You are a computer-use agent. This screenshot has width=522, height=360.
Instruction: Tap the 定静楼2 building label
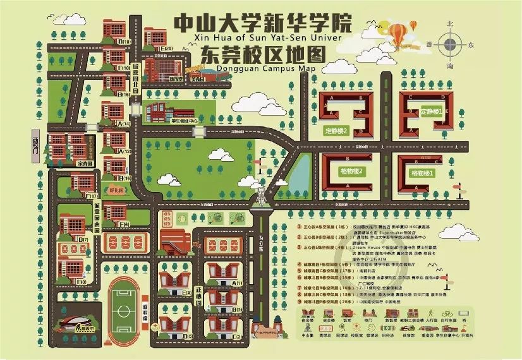[x=337, y=131]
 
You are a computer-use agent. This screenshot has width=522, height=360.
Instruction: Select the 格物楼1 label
[x=422, y=172]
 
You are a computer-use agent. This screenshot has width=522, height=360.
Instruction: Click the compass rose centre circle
[x=450, y=45]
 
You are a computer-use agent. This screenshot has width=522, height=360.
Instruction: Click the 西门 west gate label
[x=36, y=145]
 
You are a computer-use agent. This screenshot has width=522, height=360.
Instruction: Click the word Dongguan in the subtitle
[x=221, y=68]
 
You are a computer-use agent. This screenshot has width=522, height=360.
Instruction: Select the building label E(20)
[x=166, y=48]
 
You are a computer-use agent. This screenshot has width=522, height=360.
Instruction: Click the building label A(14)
[x=124, y=124]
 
